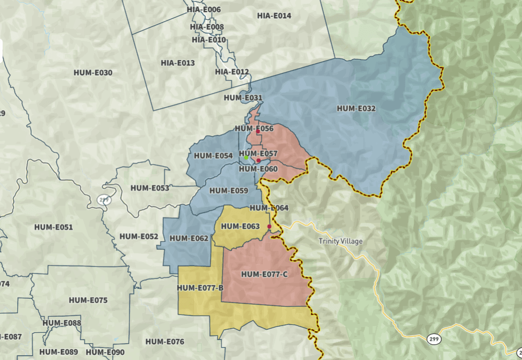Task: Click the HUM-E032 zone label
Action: [x=357, y=109]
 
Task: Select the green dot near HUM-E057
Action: [x=246, y=157]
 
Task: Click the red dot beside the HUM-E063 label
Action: [x=269, y=226]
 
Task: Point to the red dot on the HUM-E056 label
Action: [x=258, y=132]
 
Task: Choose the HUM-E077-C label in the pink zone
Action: [x=264, y=274]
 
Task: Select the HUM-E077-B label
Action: [x=200, y=288]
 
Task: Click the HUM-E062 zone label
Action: [x=189, y=238]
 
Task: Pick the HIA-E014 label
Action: [x=274, y=16]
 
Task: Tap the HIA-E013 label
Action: [x=177, y=63]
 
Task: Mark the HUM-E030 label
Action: [x=92, y=73]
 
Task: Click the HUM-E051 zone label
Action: [x=53, y=227]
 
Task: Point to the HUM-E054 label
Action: [x=213, y=156]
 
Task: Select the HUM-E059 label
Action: [x=229, y=190]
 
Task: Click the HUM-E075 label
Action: [x=88, y=300]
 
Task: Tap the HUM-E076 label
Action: [x=165, y=342]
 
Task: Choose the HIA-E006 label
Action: [x=204, y=9]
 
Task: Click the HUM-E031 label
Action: [x=243, y=98]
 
